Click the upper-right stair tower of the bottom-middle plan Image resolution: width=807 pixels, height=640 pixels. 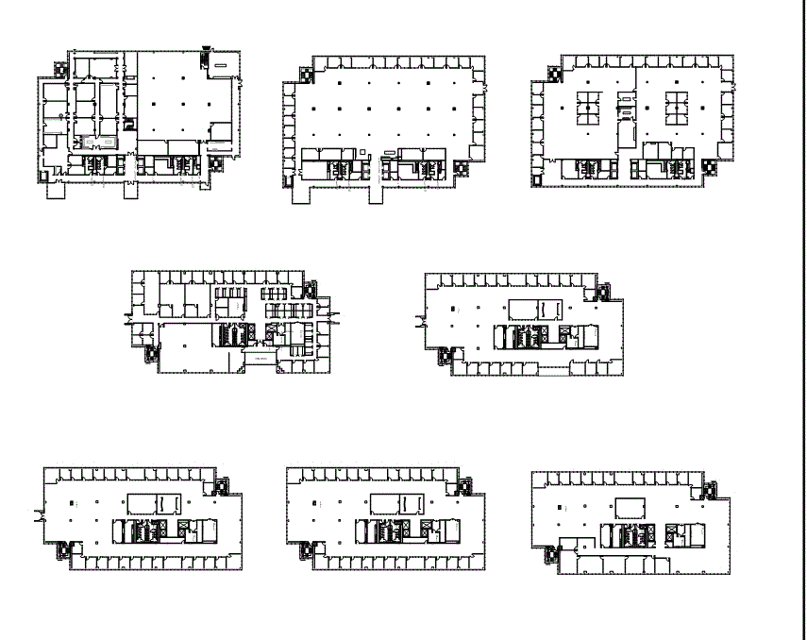click(x=463, y=484)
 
